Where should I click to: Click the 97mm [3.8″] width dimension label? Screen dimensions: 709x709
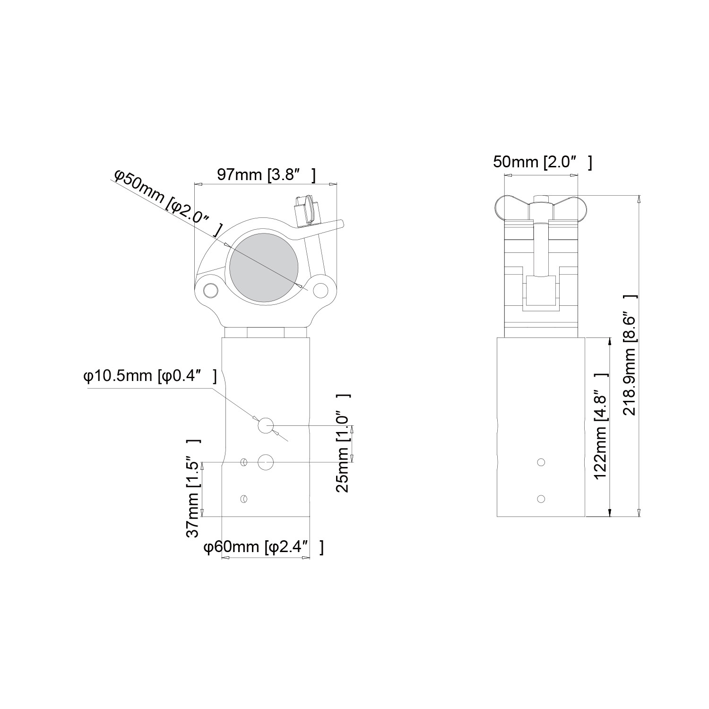coord(266,175)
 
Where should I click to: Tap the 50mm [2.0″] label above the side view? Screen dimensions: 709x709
coord(542,162)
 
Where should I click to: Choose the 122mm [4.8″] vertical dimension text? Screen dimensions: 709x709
coord(601,426)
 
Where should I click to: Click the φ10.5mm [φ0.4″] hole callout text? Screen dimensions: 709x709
coord(150,377)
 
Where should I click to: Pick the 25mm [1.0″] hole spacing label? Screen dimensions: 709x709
coord(343,443)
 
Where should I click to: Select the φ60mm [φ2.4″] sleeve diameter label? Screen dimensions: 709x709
coord(263,547)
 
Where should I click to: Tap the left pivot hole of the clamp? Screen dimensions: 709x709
coord(208,289)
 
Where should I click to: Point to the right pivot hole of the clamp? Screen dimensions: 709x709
coord(321,289)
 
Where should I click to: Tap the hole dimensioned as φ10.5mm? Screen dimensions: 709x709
coord(265,425)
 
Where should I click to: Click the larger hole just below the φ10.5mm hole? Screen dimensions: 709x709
coord(266,462)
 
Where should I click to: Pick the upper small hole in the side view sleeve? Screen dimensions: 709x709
coord(541,462)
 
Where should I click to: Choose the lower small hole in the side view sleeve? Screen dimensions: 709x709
coord(541,499)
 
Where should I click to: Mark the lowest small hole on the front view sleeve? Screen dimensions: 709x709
coord(244,499)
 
